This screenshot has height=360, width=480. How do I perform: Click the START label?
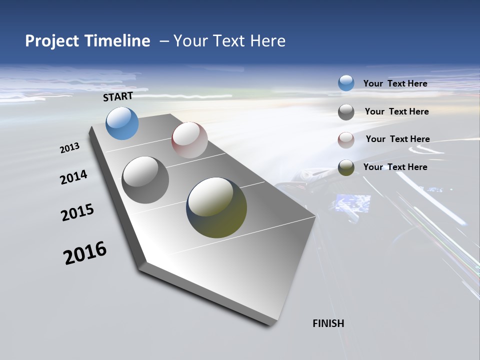[x=118, y=96]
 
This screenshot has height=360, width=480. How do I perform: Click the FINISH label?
[x=328, y=323]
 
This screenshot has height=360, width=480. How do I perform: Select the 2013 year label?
[x=70, y=147]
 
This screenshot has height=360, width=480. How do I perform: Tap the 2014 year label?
[x=73, y=177]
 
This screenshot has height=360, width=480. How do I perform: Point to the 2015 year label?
[x=77, y=212]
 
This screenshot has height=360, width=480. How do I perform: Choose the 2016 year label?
[x=85, y=253]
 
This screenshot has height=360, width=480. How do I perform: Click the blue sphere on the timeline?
[x=122, y=123]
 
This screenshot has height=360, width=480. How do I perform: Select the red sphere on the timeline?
[x=189, y=140]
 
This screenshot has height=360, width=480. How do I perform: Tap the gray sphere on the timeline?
[x=145, y=180]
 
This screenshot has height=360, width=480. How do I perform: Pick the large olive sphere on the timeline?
[x=216, y=207]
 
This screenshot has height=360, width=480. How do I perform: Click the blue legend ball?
[x=346, y=83]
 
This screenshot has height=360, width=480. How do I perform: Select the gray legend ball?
[x=346, y=112]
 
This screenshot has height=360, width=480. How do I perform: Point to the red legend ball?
[x=346, y=140]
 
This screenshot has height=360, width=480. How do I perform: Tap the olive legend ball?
[x=346, y=168]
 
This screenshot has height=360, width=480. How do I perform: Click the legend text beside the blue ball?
[x=395, y=83]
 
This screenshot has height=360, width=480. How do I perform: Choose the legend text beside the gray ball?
[x=396, y=111]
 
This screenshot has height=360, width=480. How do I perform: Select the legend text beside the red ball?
[x=397, y=139]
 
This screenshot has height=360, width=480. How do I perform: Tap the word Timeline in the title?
[x=118, y=41]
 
